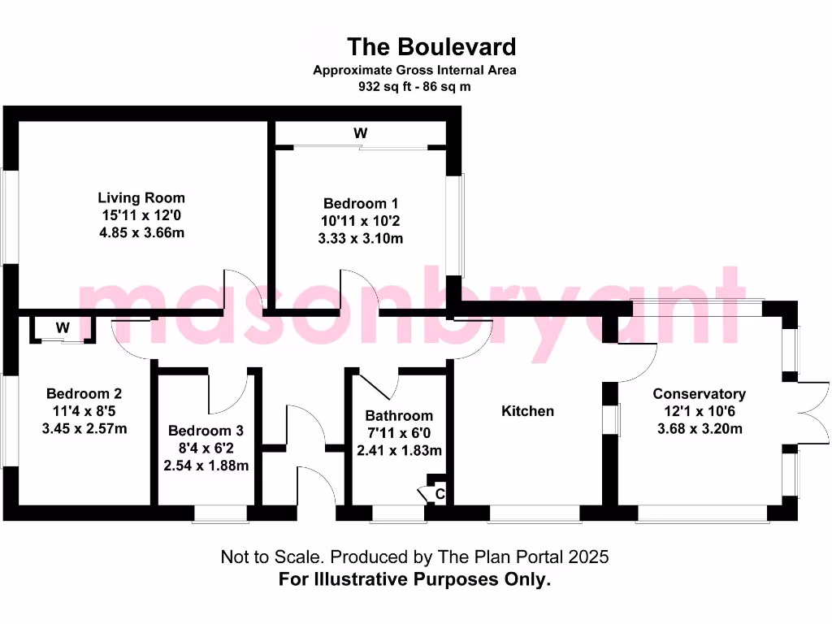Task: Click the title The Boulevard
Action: click(431, 46)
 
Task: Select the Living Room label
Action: click(141, 197)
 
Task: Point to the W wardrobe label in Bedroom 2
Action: click(63, 328)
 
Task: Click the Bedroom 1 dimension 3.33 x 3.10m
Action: click(361, 239)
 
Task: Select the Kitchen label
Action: click(527, 411)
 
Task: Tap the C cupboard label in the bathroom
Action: click(440, 492)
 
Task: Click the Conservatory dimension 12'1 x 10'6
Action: click(699, 411)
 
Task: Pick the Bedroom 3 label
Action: click(206, 431)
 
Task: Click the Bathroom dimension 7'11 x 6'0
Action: click(398, 432)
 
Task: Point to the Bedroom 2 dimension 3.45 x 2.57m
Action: click(84, 428)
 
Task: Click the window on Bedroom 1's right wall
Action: click(461, 226)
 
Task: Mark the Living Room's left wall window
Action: click(10, 216)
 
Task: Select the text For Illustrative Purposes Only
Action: click(414, 579)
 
